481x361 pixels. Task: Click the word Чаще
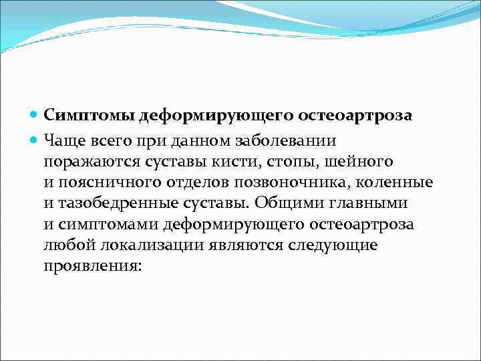(64, 140)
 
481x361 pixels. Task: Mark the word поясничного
(105, 183)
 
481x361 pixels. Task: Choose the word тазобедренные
(114, 203)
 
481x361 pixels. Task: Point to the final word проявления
(93, 265)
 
